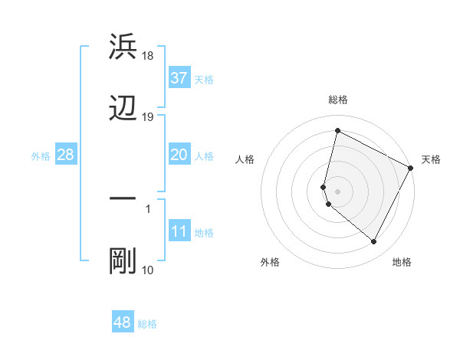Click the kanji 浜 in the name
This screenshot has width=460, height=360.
tap(123, 47)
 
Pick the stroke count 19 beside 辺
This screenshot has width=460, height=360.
tap(148, 117)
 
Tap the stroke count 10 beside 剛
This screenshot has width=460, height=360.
tap(148, 270)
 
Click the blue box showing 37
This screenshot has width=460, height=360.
tap(179, 77)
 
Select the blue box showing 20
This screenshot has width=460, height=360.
tap(179, 155)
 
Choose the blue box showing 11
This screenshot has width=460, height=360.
tap(179, 231)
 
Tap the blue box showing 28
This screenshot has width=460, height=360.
tap(65, 155)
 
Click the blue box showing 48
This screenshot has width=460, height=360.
tap(123, 322)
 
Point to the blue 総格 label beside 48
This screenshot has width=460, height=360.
tap(147, 324)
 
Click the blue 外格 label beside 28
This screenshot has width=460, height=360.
tap(41, 156)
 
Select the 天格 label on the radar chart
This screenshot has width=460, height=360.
tap(431, 159)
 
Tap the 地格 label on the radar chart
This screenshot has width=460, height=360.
tap(402, 262)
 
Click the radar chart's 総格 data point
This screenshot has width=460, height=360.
tap(337, 131)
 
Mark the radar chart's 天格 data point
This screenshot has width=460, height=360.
tap(411, 168)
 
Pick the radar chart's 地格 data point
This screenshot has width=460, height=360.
tap(374, 242)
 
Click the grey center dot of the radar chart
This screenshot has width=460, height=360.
tap(337, 191)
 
